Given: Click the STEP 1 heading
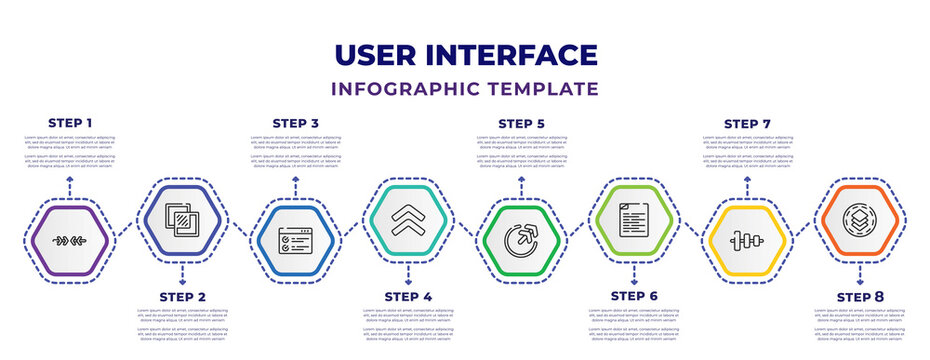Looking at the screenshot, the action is (70, 123).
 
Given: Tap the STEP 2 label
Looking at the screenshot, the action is (182, 296).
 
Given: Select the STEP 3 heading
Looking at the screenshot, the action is (295, 123).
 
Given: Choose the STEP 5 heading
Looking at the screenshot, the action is (521, 123).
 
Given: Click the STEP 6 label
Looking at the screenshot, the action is (633, 296).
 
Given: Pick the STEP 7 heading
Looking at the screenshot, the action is (747, 123).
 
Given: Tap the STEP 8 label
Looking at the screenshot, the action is (859, 296).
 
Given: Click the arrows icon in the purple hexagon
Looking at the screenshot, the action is (70, 241).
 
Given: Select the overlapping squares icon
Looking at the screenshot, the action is (182, 219).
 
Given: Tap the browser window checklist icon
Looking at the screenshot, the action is (295, 241).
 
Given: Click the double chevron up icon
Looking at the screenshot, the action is (407, 219).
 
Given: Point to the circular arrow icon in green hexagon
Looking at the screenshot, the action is (521, 241).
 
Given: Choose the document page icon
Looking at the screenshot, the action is (633, 219).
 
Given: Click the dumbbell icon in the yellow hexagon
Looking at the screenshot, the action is (747, 241).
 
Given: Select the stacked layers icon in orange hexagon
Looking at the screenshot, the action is (859, 219).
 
